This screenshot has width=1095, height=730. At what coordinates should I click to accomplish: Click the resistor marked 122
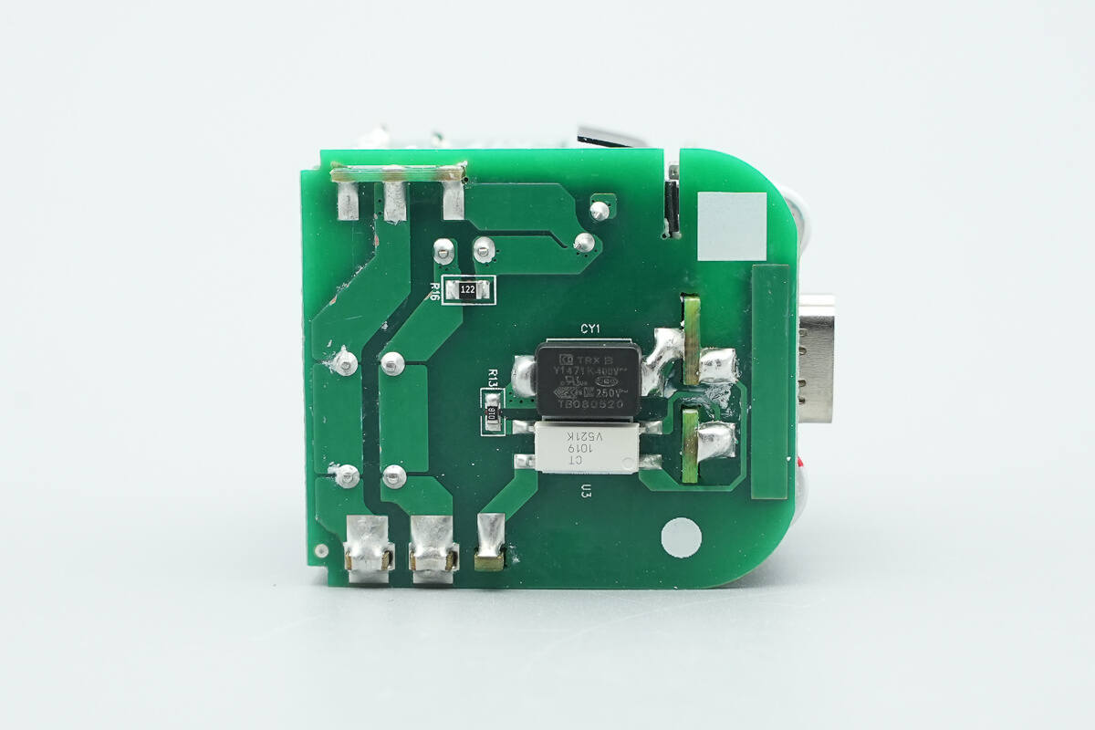pyautogui.click(x=467, y=290)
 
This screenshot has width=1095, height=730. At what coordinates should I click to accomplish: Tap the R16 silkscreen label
pyautogui.click(x=434, y=290)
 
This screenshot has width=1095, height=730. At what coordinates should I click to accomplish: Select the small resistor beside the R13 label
pyautogui.click(x=492, y=412)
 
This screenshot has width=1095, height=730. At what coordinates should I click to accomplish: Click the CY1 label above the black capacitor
pyautogui.click(x=589, y=328)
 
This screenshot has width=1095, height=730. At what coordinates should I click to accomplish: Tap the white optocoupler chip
pyautogui.click(x=586, y=446)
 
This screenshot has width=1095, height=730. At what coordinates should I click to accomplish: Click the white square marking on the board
pyautogui.click(x=732, y=226)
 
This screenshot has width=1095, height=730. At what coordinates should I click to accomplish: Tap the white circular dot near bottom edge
pyautogui.click(x=681, y=537)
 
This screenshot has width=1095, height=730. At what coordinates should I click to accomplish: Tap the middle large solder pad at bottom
pyautogui.click(x=433, y=545)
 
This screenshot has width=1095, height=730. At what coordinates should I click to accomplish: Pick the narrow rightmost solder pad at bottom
pyautogui.click(x=490, y=541)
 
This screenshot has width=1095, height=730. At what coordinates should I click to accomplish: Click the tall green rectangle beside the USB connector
pyautogui.click(x=769, y=381)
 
